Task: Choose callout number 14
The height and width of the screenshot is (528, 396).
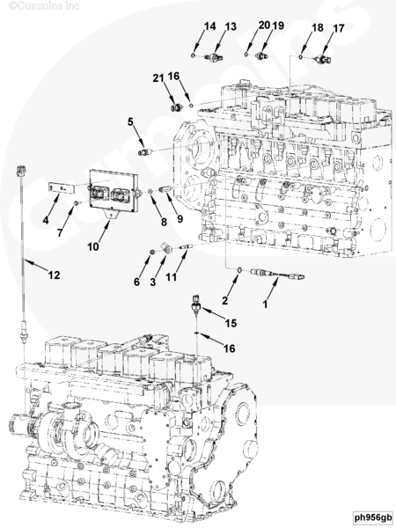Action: (210, 26)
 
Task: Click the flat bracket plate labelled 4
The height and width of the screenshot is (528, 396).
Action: (59, 187)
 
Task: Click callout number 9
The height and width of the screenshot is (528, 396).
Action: (180, 219)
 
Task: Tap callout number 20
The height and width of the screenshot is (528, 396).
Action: (262, 26)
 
